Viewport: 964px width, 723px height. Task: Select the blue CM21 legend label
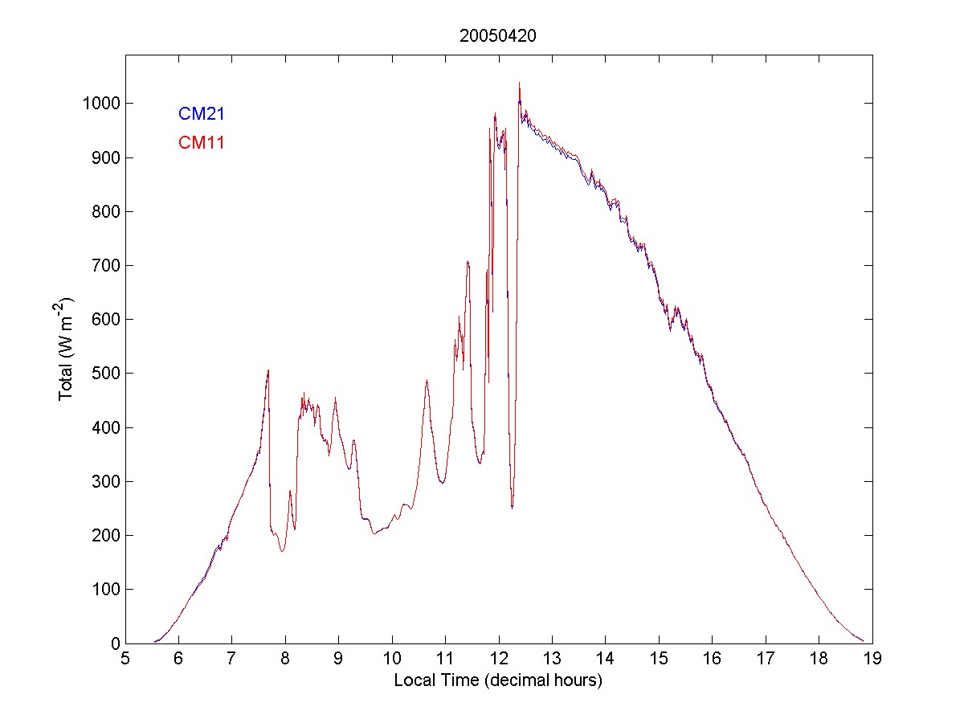(x=201, y=113)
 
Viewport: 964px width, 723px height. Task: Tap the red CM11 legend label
(x=201, y=143)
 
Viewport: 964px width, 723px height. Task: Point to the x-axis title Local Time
(x=498, y=680)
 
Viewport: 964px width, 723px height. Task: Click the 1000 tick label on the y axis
(x=99, y=104)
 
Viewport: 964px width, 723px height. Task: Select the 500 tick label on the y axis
(x=103, y=374)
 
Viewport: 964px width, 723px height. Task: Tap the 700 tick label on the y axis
(x=103, y=266)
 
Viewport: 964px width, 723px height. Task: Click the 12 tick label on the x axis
(x=499, y=660)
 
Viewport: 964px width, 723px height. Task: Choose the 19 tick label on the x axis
(x=872, y=660)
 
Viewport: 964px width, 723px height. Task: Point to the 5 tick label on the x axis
(x=125, y=660)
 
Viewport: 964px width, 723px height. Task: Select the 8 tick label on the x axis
(x=285, y=660)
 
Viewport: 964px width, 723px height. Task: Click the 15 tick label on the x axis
(x=659, y=660)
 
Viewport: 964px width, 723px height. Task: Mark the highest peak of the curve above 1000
(x=519, y=84)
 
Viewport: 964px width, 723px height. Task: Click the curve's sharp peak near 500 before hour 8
(x=268, y=370)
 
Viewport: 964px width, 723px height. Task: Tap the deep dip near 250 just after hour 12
(x=512, y=507)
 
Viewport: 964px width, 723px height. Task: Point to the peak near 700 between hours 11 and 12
(x=468, y=262)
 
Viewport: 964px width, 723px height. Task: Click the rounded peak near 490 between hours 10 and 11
(x=427, y=381)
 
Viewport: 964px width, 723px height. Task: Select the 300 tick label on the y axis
(x=103, y=481)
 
